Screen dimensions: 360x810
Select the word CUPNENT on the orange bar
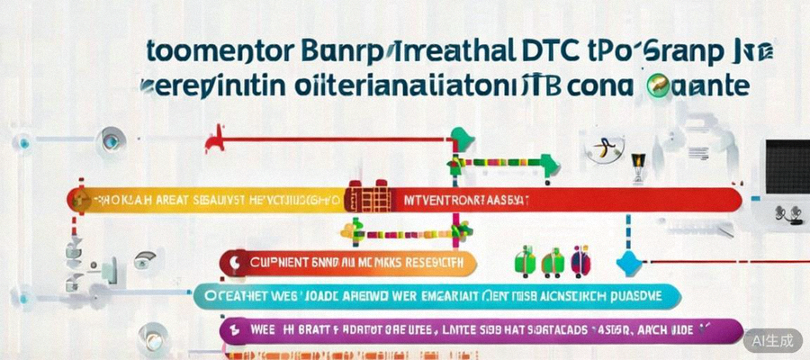276,263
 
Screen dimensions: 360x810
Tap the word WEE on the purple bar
261,330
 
